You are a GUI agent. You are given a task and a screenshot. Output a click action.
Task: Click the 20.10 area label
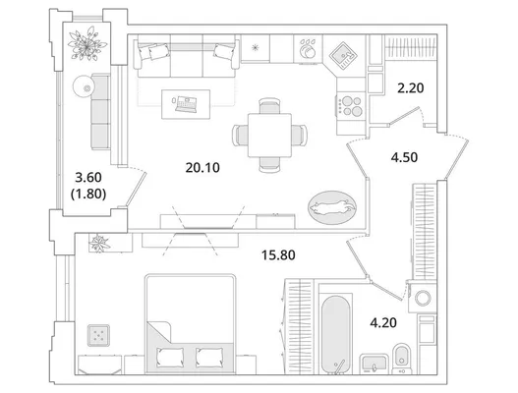point(202,168)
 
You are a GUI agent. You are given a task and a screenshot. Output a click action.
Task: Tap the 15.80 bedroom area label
point(278,254)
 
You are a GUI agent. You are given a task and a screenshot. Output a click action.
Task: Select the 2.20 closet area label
point(410,88)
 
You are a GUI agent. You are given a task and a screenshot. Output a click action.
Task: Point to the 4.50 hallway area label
point(404,157)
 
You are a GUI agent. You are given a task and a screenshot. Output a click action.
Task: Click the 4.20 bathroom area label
point(383,322)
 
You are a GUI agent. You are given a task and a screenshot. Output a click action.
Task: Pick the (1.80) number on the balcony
point(88,194)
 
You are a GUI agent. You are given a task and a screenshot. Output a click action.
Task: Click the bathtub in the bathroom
point(335,333)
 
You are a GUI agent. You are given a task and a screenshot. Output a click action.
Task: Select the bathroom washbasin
point(374,364)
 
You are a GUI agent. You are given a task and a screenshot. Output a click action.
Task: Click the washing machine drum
point(423,298)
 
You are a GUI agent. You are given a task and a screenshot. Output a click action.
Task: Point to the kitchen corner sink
point(344,55)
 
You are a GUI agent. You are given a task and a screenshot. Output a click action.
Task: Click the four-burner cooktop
point(351,106)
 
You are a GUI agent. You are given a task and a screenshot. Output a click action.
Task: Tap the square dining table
point(269,135)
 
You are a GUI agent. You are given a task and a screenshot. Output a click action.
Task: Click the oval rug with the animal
point(332,207)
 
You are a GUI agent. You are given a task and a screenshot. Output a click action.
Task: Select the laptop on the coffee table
point(186,104)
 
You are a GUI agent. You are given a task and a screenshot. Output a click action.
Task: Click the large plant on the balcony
point(86,44)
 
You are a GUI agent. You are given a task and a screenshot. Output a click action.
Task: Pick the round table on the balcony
point(84,86)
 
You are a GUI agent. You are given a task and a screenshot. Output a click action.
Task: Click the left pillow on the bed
point(170,357)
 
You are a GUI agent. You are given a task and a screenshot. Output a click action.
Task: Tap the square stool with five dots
point(98,335)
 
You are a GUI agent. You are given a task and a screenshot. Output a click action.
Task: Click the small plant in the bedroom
point(99,244)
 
